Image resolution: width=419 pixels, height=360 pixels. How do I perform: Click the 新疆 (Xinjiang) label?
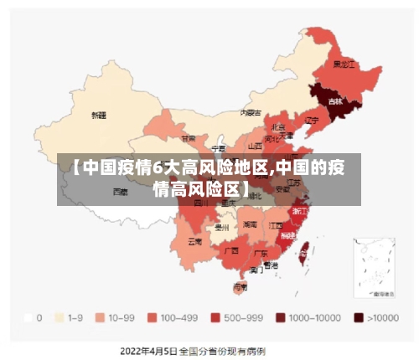pos(99,115)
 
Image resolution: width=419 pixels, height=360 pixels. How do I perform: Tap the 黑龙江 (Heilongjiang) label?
pos(344,64)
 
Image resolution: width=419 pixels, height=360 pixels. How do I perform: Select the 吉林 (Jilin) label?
pos(335,101)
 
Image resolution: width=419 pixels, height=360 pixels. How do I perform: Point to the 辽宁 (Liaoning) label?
pos(312,121)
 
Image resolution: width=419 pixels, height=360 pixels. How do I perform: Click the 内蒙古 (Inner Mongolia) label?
pos(251,112)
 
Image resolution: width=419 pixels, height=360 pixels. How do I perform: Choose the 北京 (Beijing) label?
pos(278,126)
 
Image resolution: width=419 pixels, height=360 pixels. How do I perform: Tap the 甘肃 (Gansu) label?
pos(189,138)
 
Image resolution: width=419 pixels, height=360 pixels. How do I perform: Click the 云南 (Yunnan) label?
pos(194,241)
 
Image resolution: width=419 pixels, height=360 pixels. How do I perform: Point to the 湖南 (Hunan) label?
pos(250,224)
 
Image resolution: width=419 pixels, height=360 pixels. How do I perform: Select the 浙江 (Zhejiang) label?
pos(299,212)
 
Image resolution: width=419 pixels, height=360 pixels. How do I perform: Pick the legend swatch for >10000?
pos(359,318)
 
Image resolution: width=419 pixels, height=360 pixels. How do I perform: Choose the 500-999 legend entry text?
pos(245,318)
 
